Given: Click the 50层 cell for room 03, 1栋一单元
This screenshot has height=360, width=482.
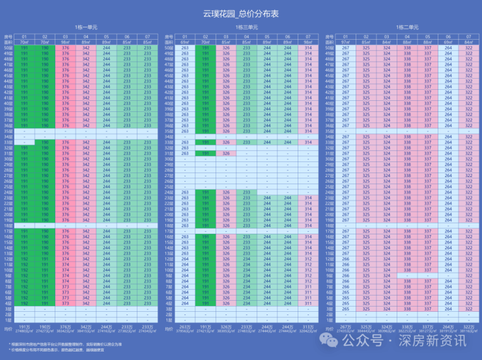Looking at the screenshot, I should pos(65,47).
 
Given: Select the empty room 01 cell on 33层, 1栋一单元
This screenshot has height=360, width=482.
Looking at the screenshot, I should pos(25,142).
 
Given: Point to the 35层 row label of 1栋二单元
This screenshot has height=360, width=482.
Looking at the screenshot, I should pos(329,131).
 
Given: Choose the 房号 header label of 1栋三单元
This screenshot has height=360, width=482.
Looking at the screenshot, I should pos(169,36).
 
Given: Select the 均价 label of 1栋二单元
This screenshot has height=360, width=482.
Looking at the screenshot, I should pos(329,328).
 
